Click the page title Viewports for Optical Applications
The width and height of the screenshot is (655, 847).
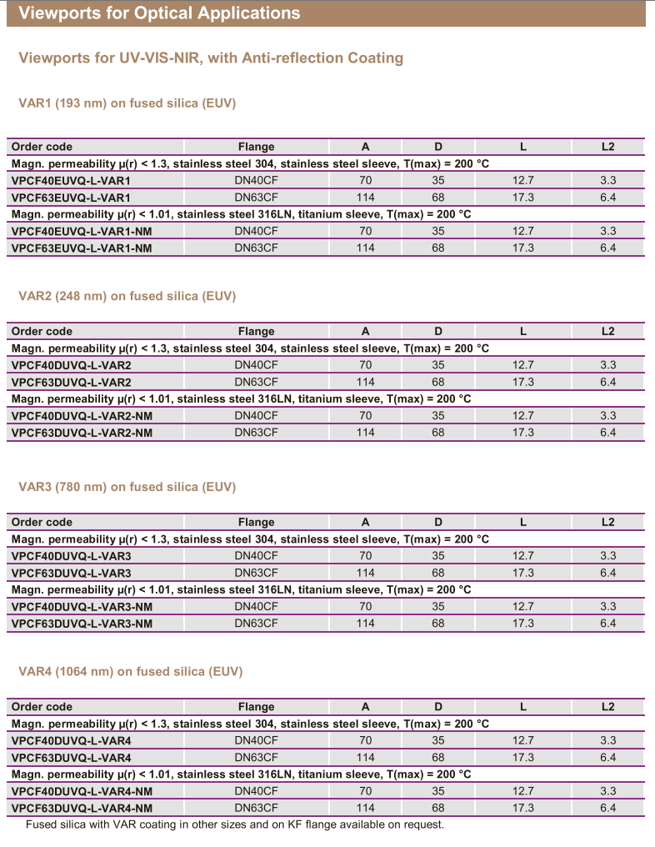tap(159, 13)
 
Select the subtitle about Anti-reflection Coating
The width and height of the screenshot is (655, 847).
tap(211, 58)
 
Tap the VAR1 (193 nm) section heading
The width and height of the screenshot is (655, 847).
tap(127, 103)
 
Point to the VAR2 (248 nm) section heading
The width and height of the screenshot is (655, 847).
tap(127, 296)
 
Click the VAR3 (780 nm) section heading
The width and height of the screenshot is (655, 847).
tap(127, 487)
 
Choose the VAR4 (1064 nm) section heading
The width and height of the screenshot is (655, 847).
tap(130, 671)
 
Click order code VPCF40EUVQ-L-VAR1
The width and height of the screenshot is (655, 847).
tap(71, 181)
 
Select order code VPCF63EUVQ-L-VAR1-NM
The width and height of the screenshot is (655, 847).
tap(82, 248)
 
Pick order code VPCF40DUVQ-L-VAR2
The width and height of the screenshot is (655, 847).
tap(71, 365)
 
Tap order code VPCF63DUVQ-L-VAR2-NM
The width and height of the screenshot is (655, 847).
tap(82, 433)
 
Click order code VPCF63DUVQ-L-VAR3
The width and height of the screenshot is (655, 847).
tap(71, 573)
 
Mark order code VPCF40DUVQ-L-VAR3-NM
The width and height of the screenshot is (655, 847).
tap(82, 606)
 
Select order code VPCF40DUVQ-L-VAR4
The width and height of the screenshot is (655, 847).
tap(71, 740)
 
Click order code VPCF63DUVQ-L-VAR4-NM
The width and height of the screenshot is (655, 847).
tap(82, 808)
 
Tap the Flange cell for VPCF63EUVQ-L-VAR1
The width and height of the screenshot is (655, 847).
tap(256, 198)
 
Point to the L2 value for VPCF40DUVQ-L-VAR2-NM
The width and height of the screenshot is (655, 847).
tap(607, 415)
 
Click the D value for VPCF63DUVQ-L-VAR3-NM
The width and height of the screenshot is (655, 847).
tap(438, 623)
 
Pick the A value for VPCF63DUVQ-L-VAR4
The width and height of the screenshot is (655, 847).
tap(365, 758)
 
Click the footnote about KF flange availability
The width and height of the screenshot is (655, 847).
tap(234, 824)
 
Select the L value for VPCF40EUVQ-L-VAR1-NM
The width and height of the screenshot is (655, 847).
tap(522, 231)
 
